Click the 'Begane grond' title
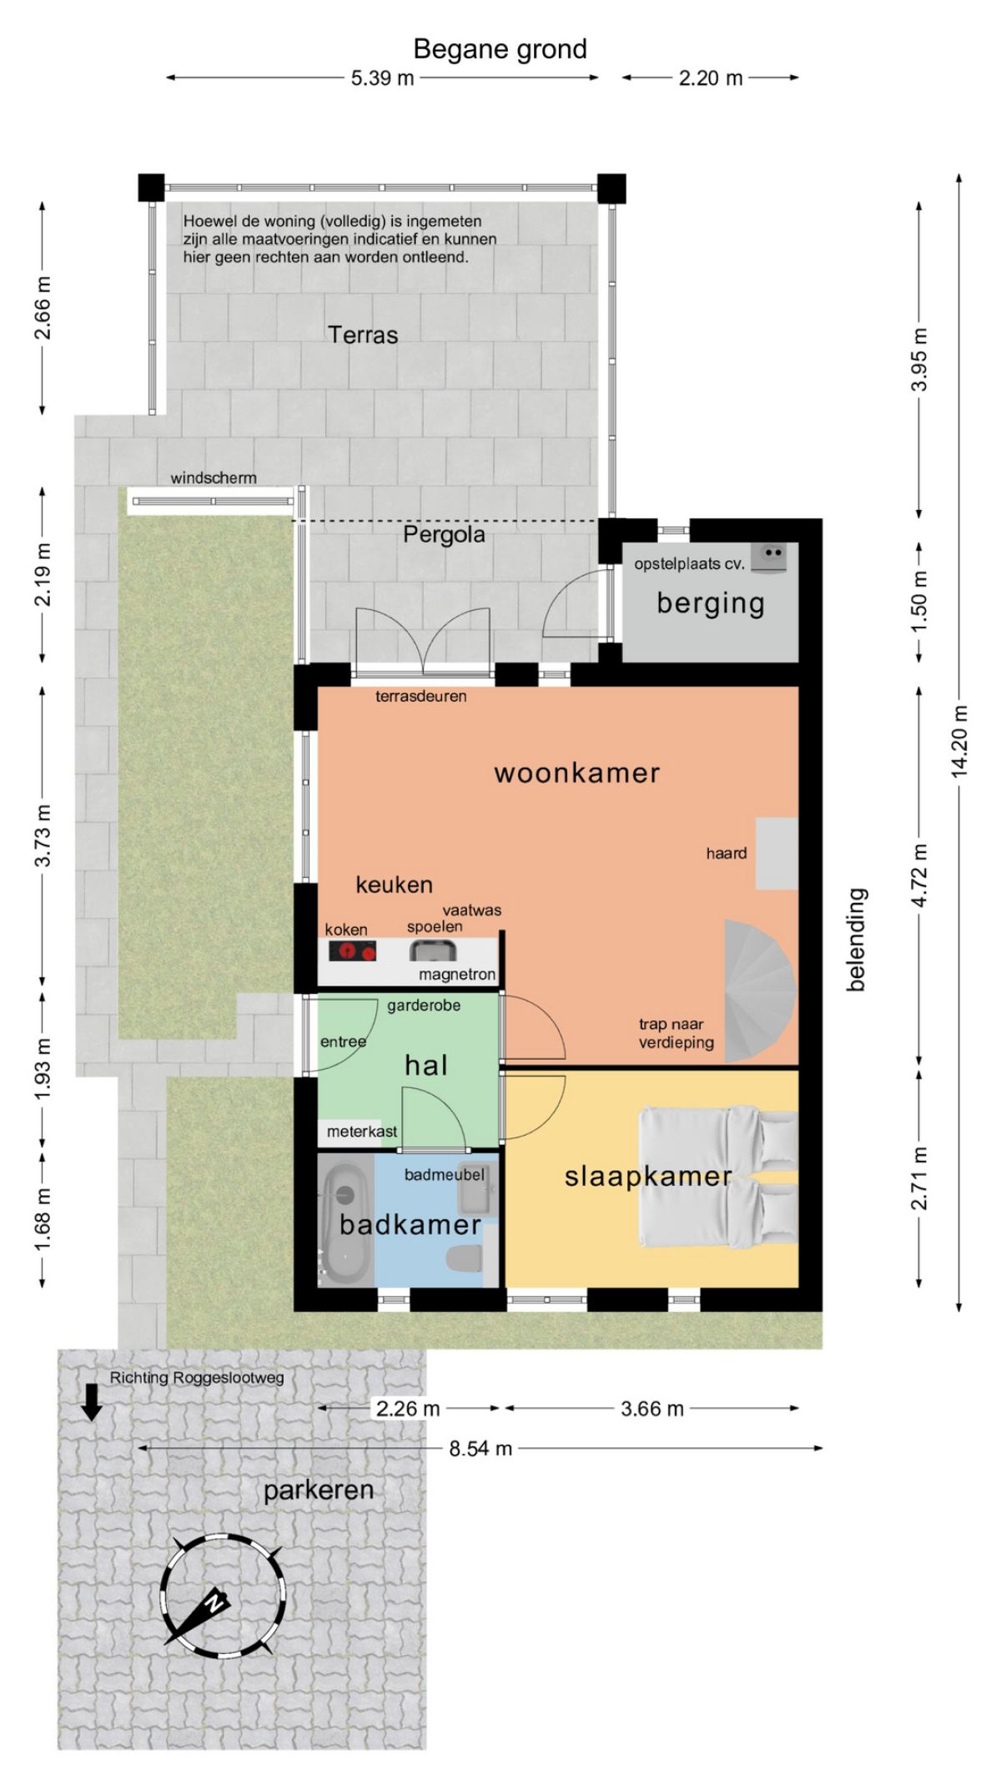(500, 50)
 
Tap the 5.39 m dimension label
(382, 78)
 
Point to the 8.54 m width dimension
(480, 1448)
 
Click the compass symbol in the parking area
(222, 1595)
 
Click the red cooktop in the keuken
(352, 951)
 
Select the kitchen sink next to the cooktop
(432, 951)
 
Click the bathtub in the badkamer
(346, 1223)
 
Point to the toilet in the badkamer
(465, 1258)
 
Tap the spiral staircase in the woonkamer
(761, 991)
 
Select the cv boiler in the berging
(769, 557)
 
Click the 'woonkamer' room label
(577, 773)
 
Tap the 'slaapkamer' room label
(648, 1177)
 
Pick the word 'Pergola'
(444, 534)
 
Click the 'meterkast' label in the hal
(362, 1132)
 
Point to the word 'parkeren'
(319, 1490)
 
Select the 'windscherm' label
(214, 478)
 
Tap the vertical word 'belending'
(857, 940)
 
